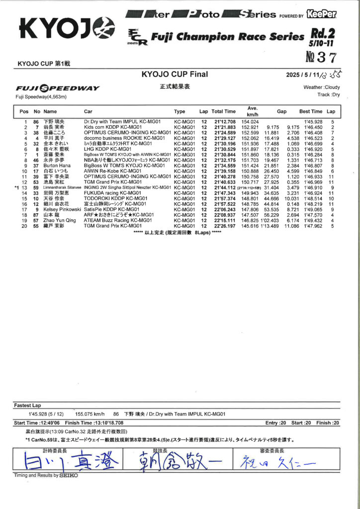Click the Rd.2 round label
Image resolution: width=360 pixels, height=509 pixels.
coord(323,35)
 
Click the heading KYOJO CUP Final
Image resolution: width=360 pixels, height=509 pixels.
coord(175,75)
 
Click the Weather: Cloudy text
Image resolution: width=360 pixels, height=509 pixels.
coord(322,87)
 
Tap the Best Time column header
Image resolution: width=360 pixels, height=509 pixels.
coord(311,111)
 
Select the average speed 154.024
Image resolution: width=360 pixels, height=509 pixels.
coord(250,122)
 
